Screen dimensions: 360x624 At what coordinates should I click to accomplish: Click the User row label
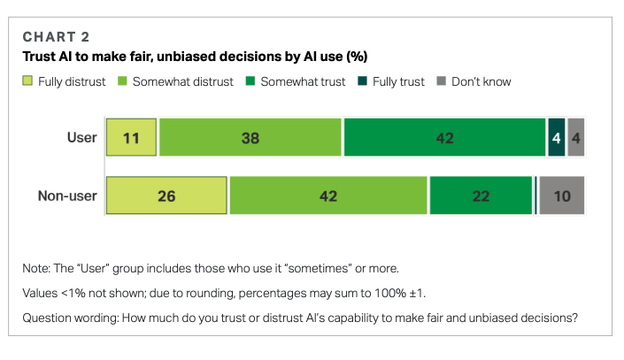click(81, 138)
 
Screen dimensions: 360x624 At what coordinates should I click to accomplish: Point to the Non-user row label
click(67, 195)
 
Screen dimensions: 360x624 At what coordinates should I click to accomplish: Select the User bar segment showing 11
click(132, 138)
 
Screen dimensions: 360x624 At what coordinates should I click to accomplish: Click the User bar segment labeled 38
click(250, 138)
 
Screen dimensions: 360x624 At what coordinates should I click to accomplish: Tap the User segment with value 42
click(444, 138)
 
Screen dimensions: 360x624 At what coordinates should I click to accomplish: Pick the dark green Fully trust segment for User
click(556, 138)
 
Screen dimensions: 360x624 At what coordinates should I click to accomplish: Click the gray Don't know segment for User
click(575, 138)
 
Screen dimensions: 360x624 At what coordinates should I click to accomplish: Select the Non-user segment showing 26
click(166, 195)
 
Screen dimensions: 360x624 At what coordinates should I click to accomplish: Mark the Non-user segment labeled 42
click(327, 195)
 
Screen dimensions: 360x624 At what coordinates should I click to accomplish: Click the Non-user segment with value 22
click(481, 195)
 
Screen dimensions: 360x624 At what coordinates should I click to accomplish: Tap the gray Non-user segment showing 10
click(562, 195)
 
